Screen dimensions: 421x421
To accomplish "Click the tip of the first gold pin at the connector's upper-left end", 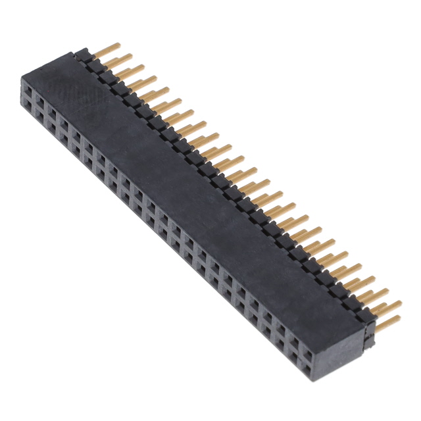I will click(118, 45).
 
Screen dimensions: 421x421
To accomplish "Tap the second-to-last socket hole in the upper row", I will click(293, 334).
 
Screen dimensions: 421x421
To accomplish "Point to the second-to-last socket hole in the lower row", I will click(293, 350).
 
